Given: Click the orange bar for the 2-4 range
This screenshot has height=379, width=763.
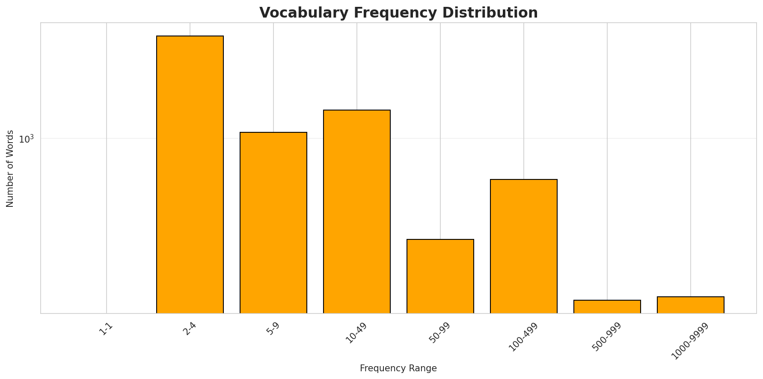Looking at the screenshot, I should tap(190, 175).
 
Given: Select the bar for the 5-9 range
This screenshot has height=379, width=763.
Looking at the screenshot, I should tap(273, 223).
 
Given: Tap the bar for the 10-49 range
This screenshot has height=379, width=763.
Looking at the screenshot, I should tap(357, 212).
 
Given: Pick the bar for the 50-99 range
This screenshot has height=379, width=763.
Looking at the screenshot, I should tap(440, 276).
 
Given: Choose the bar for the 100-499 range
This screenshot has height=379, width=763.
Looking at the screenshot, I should tap(524, 246).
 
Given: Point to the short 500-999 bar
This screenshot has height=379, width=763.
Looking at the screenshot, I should tap(607, 307).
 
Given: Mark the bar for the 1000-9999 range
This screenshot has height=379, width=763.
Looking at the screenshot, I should tap(691, 305).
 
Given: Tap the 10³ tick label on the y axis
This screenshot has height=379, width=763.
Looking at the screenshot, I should tap(26, 139).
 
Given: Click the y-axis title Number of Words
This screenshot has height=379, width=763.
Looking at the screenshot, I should tap(10, 168).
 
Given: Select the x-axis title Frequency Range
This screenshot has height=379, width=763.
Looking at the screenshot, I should tap(398, 368).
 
